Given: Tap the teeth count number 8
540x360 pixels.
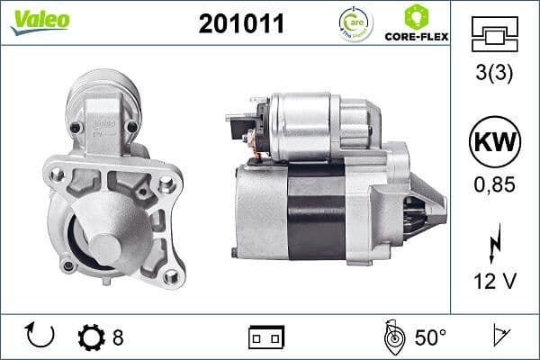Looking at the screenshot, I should (x=117, y=337).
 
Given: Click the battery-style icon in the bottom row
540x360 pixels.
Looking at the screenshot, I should (x=265, y=337).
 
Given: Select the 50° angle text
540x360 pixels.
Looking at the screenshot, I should (x=430, y=337).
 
